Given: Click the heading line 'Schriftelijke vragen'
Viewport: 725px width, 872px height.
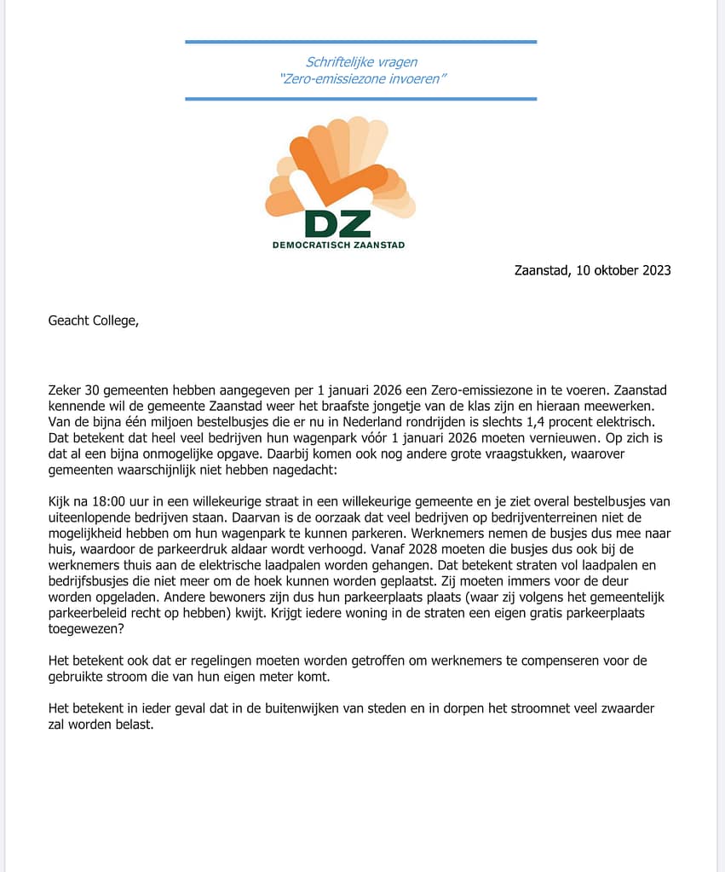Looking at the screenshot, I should coord(361,61).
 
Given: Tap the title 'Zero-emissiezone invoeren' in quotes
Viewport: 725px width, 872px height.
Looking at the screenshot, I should coord(363,78).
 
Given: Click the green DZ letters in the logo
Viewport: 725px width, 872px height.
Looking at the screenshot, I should coord(338,222).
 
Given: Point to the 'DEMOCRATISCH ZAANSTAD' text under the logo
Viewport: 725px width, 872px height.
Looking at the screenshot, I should coord(338,245).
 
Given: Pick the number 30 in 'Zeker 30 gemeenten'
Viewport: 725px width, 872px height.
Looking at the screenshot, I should coord(94,389).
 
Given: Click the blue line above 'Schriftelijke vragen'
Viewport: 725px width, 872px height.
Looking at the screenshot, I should coord(361,41).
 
